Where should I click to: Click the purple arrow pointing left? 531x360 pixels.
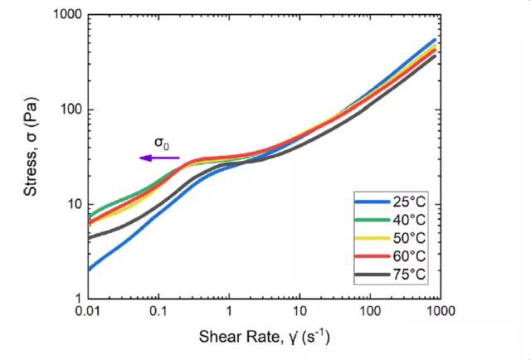(x=158, y=158)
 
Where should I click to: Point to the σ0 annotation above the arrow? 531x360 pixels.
(x=164, y=143)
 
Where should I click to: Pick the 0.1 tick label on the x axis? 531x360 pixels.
(x=158, y=311)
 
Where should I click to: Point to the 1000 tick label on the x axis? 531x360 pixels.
(x=440, y=311)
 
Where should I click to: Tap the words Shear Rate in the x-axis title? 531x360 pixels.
(x=231, y=338)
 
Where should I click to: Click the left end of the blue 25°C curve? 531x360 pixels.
(x=89, y=269)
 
